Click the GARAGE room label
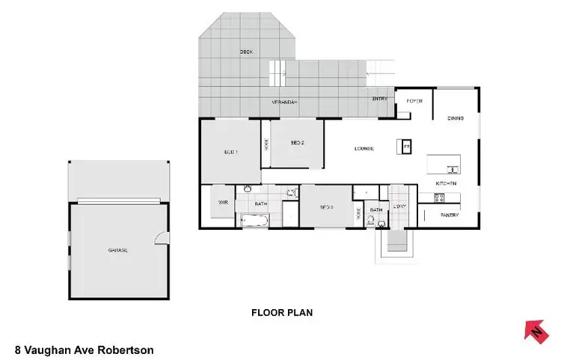[x=117, y=250]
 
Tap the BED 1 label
[x=230, y=152]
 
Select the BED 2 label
[x=297, y=143]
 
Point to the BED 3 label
[x=326, y=207]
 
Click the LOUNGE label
[x=364, y=148]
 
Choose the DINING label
[x=456, y=118]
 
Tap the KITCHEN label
[x=447, y=183]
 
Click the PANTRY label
[x=449, y=216]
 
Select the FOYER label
[x=414, y=100]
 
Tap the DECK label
[x=245, y=52]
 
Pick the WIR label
[x=222, y=202]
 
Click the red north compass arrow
[x=535, y=329]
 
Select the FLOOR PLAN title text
[x=281, y=313]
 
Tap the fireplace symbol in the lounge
[x=407, y=146]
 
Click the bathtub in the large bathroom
[x=254, y=221]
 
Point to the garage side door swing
[x=159, y=238]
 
